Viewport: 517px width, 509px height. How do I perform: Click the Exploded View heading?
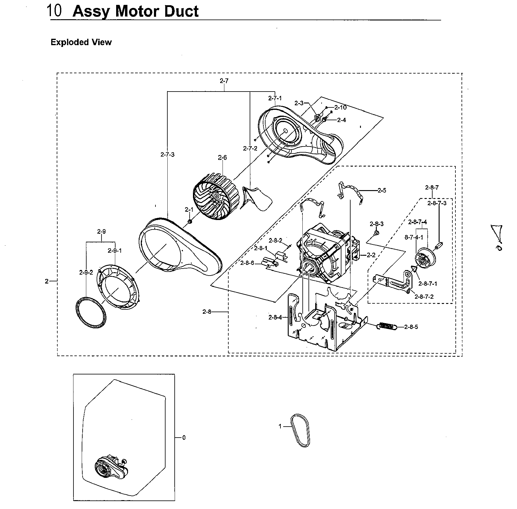point(81,42)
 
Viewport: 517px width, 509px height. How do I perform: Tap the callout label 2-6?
point(222,158)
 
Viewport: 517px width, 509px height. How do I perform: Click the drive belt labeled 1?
point(301,430)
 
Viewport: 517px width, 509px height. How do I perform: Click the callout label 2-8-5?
point(411,327)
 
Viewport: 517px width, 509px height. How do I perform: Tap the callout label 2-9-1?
point(115,251)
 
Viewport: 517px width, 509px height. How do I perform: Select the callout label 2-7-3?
point(167,155)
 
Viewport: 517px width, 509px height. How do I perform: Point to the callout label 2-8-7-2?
point(426,297)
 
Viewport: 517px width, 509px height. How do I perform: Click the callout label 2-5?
point(382,190)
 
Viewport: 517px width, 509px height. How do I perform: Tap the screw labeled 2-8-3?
point(376,233)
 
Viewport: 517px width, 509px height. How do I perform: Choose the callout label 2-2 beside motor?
point(371,255)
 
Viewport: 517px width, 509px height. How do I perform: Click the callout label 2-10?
point(340,107)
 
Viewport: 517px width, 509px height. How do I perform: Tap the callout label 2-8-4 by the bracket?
point(275,318)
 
